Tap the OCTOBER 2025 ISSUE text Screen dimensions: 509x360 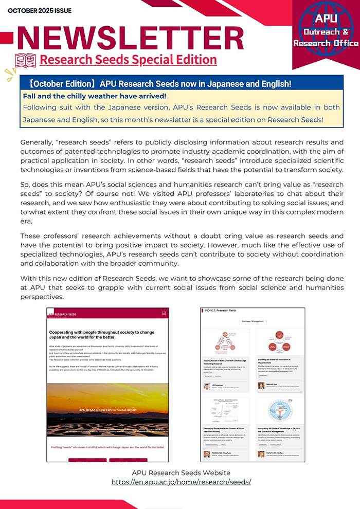click(40, 10)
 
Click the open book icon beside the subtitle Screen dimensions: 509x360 click(26, 60)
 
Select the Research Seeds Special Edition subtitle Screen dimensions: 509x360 click(128, 60)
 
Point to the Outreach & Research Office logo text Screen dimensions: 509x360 click(325, 38)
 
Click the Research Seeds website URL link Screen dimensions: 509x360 click(181, 482)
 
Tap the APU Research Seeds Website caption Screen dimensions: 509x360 click(181, 472)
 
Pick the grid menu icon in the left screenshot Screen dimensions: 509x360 click(164, 313)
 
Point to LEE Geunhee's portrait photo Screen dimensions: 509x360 click(207, 385)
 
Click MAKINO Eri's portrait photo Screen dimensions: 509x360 click(261, 385)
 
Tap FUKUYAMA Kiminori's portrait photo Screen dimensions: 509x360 click(261, 454)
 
